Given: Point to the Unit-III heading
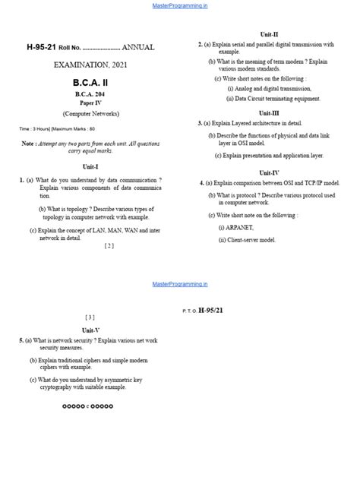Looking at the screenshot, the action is [x=269, y=112].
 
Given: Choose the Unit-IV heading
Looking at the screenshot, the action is [x=269, y=172].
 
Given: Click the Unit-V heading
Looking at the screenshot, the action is [x=91, y=330].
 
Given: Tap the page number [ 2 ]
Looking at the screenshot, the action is [x=109, y=245].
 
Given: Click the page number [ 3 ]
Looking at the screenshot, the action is [x=90, y=317].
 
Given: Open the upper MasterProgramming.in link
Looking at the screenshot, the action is [x=180, y=5].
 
